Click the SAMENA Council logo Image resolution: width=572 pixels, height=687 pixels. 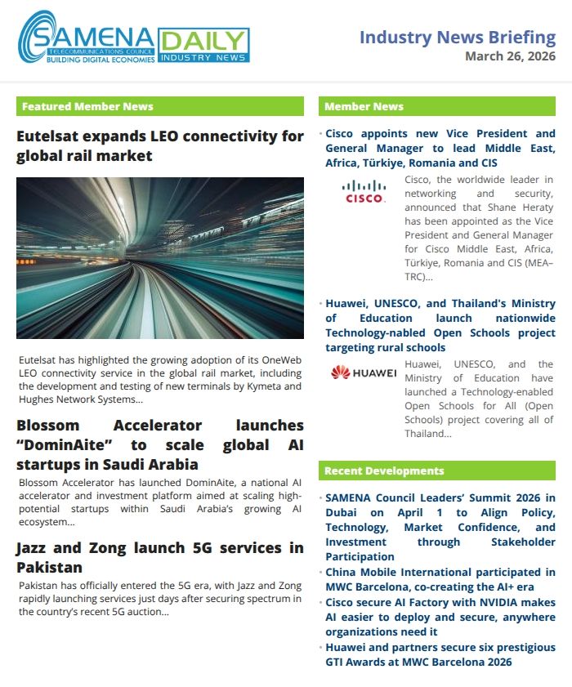pos(86,38)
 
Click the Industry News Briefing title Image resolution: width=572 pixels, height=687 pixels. pos(457,37)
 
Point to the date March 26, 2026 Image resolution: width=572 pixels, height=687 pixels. pos(510,56)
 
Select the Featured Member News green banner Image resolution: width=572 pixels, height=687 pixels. pos(159,106)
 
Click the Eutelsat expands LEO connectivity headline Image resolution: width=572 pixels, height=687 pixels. pos(159,145)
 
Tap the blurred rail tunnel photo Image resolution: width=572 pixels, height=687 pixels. pos(159,257)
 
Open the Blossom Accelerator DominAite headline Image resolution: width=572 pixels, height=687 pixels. pos(159,444)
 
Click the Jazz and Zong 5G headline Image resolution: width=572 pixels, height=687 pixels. pos(159,556)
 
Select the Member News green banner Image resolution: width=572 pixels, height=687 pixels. pos(436,106)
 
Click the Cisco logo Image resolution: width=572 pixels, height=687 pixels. pos(364,193)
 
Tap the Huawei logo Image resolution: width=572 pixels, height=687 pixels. pos(364,373)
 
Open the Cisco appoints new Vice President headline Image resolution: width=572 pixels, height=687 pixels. pos(440,148)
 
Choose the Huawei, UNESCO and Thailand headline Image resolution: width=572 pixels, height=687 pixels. pos(440,325)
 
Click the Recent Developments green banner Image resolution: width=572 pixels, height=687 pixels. pos(436,471)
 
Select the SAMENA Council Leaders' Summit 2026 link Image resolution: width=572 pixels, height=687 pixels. pos(440,527)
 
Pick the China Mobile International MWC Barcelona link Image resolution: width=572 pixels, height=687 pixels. pos(440,579)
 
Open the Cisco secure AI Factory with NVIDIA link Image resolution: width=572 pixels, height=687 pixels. pos(440,616)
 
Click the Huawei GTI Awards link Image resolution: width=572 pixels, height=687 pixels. pos(440,654)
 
